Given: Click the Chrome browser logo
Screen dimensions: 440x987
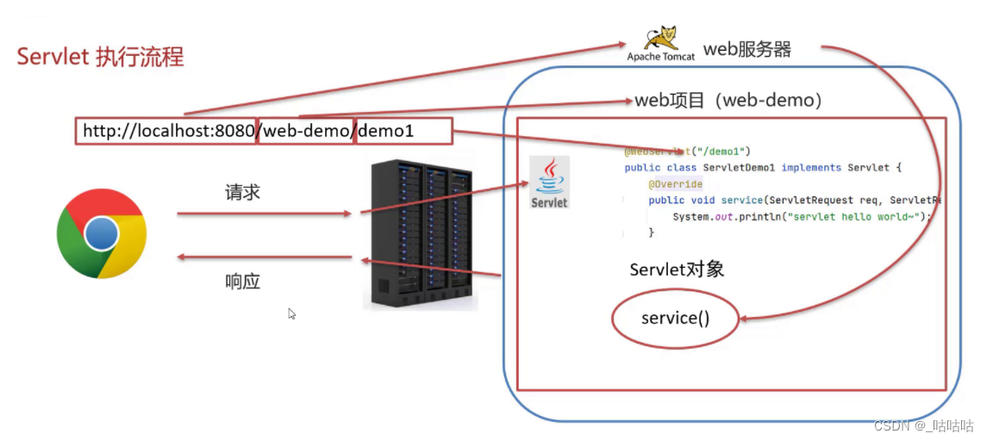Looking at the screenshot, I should point(102,233).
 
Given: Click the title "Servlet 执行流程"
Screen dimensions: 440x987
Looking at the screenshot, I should point(100,58).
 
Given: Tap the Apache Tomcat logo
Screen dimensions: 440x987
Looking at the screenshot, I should point(661,44).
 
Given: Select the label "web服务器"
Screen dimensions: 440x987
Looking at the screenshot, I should point(747,48).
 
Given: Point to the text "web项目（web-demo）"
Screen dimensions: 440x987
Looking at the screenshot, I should point(728,100).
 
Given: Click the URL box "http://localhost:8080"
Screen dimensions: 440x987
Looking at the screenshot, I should point(165,131).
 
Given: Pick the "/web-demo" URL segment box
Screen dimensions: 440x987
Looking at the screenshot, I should point(306,131).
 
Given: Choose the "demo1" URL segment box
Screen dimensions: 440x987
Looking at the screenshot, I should point(403,131).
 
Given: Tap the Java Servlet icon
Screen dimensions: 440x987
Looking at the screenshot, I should point(549,183).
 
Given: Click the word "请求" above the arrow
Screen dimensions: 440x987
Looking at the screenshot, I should point(242,193).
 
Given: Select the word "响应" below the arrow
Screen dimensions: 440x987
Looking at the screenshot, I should point(242,281).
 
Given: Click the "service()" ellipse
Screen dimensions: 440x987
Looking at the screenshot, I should point(676,319).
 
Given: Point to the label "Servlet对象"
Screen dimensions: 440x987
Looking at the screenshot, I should point(677,270).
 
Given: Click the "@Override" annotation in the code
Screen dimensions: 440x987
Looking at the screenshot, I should point(676,184).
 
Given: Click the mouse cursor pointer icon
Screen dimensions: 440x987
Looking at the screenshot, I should point(291,314).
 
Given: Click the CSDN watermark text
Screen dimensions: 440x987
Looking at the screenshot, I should point(923,426).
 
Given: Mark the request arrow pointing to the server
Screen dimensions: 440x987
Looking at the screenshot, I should point(264,214).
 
